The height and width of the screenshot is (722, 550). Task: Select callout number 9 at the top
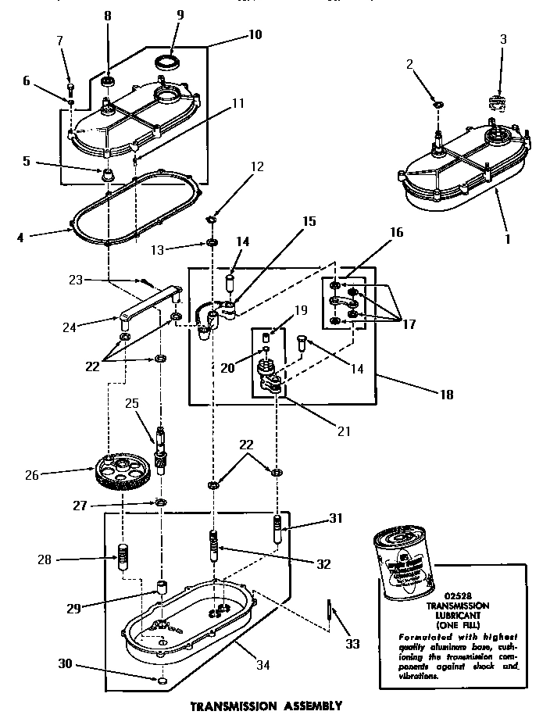coord(180,14)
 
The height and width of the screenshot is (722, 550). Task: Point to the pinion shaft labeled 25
coord(161,449)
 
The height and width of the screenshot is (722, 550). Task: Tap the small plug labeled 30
coord(162,682)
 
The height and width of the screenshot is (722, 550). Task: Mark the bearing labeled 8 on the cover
coord(108,81)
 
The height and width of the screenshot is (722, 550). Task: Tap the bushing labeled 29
coord(162,587)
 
